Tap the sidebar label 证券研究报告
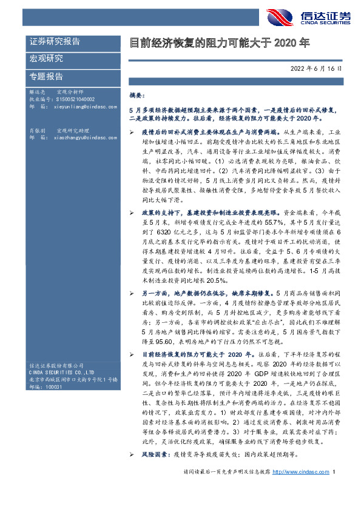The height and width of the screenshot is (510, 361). pyautogui.click(x=55, y=42)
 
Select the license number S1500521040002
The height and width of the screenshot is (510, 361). pyautogui.click(x=72, y=99)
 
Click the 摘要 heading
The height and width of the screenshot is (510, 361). pyautogui.click(x=138, y=95)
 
